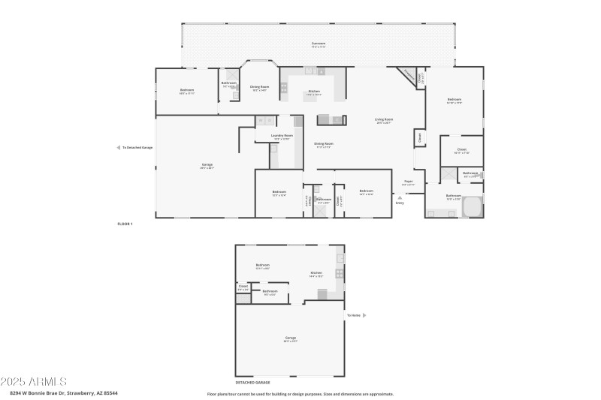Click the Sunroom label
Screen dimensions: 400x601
point(319,44)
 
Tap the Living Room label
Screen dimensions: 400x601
point(385,120)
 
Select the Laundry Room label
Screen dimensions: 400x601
point(282,136)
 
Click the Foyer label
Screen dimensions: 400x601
point(408,181)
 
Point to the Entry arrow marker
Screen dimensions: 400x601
point(399,197)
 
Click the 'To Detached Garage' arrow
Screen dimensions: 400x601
point(119,147)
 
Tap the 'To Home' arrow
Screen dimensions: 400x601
point(364,315)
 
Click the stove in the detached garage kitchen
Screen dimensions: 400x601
point(339,273)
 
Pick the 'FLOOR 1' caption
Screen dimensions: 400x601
point(125,224)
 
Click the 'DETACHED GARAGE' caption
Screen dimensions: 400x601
point(253,382)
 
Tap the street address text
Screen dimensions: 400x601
point(63,392)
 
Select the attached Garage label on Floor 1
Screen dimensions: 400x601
point(207,165)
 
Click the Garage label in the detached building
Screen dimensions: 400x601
point(290,338)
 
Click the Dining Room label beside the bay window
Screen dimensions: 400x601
point(259,88)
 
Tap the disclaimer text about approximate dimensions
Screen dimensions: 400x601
point(300,393)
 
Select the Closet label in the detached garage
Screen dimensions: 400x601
point(243,286)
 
